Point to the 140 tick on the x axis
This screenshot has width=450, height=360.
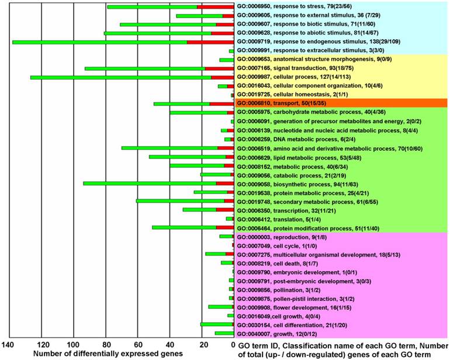[x=9, y=344]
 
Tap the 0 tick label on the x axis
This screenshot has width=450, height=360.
[x=233, y=344]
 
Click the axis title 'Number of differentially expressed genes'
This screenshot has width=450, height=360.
[x=108, y=354]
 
